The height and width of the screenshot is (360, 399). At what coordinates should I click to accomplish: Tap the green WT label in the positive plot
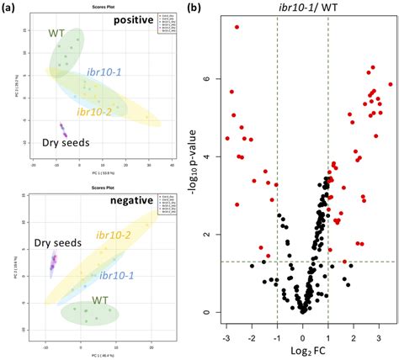pos(56,34)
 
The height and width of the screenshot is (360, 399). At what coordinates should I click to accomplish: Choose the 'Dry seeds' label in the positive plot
pos(66,143)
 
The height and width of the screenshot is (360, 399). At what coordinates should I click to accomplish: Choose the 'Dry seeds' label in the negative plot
pos(56,244)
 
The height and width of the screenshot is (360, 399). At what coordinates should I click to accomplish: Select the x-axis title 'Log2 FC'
pos(302,349)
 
